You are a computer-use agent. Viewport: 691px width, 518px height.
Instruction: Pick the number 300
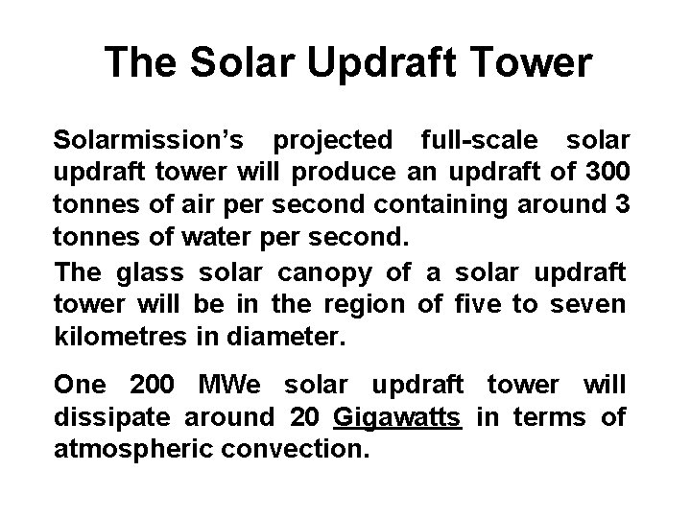(x=607, y=172)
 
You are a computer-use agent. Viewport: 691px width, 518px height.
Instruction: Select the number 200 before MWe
(x=149, y=386)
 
